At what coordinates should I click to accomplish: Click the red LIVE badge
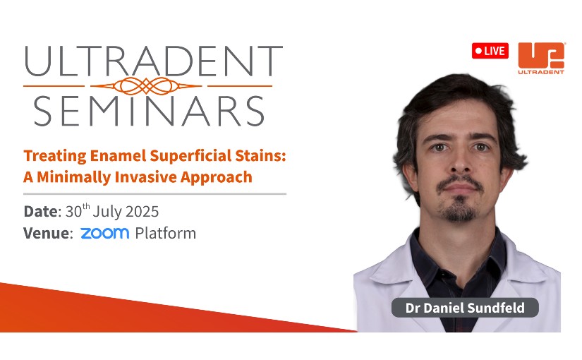point(490,51)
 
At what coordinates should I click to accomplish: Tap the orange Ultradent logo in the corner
point(541,59)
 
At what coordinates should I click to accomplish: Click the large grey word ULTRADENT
point(154,61)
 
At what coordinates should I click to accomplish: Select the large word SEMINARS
point(149,111)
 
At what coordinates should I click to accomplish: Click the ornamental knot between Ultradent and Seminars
point(146,86)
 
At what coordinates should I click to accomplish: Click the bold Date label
point(41,211)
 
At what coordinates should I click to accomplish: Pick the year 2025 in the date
point(143,212)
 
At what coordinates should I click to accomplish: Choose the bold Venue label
point(46,234)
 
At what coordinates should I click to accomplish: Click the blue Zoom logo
point(105,234)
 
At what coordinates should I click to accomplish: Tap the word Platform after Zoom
point(166,234)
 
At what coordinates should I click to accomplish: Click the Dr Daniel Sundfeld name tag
point(465,308)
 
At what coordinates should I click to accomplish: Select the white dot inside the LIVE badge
point(479,51)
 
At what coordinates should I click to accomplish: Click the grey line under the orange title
point(154,194)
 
